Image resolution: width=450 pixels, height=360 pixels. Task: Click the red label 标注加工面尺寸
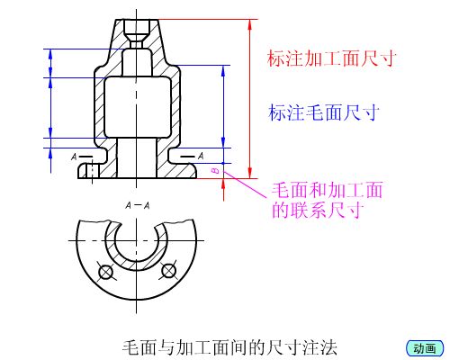click(x=332, y=58)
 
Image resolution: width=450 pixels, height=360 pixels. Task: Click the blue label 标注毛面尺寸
click(x=324, y=112)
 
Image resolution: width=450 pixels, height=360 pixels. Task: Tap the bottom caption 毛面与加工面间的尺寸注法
click(x=229, y=347)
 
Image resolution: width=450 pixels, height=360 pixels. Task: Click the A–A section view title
click(x=138, y=205)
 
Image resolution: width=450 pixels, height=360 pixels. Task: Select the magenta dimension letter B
click(x=216, y=171)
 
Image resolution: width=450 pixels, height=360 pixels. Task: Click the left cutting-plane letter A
click(x=74, y=157)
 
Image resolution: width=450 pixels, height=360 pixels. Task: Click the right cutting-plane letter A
click(x=201, y=156)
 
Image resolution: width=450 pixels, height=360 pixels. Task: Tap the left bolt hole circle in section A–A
click(x=105, y=272)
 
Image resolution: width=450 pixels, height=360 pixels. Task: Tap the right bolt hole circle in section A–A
click(x=168, y=271)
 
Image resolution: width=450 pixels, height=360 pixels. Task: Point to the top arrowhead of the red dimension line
click(x=249, y=24)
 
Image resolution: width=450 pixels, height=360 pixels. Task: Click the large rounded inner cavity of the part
click(x=138, y=107)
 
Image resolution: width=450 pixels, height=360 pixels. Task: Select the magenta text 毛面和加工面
click(x=327, y=190)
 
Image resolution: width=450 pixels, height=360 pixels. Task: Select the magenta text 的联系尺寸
click(x=318, y=210)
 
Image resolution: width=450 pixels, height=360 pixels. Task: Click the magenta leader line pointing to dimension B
click(x=245, y=184)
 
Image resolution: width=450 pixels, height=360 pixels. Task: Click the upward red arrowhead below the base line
click(x=223, y=184)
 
